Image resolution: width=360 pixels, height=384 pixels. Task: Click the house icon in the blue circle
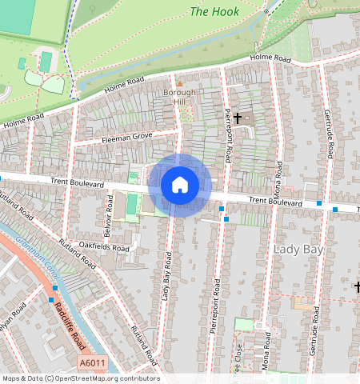pyautogui.click(x=180, y=185)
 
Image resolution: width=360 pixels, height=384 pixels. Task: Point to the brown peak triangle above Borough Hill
pyautogui.click(x=180, y=83)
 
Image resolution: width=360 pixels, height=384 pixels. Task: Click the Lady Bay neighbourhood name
pyautogui.click(x=298, y=250)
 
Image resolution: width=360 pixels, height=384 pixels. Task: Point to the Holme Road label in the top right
pyautogui.click(x=270, y=58)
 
